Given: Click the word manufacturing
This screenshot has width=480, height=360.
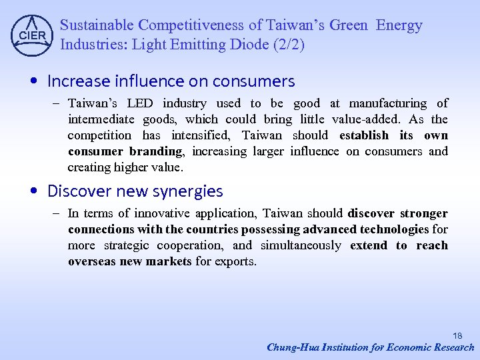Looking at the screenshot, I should (388, 103).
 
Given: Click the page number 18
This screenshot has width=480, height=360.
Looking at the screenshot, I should (457, 335).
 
